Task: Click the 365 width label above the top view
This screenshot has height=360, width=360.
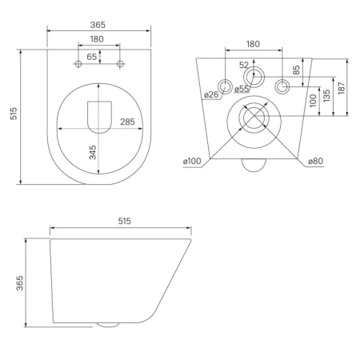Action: pyautogui.click(x=98, y=25)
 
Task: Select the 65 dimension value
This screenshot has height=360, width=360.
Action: pyautogui.click(x=91, y=57)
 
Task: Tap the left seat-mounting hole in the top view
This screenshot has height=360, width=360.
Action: pyautogui.click(x=78, y=64)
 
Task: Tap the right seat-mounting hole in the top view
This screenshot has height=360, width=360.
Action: pyautogui.click(x=120, y=64)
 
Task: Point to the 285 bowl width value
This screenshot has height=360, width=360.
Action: pyautogui.click(x=127, y=122)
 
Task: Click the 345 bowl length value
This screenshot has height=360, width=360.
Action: pyautogui.click(x=93, y=153)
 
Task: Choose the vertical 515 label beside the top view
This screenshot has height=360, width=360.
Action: pyautogui.click(x=14, y=114)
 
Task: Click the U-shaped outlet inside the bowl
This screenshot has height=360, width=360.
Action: pyautogui.click(x=99, y=118)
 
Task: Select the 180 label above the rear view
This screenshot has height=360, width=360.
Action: pyautogui.click(x=253, y=44)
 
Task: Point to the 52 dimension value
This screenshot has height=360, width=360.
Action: pyautogui.click(x=244, y=65)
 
